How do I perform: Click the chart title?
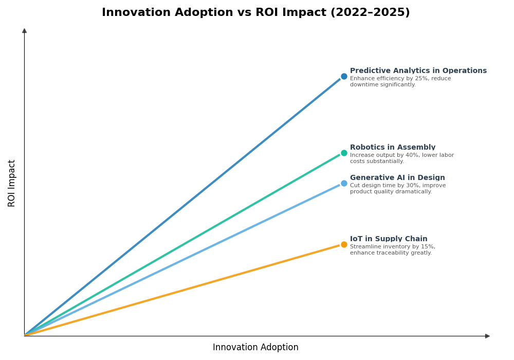click(x=255, y=13)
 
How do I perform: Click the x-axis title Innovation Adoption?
click(x=255, y=348)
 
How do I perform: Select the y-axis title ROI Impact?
click(x=12, y=183)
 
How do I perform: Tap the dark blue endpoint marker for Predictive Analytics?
click(x=344, y=77)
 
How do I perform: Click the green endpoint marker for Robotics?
click(x=344, y=153)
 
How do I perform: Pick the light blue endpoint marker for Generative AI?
click(x=344, y=184)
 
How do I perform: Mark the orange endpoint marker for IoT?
click(x=344, y=245)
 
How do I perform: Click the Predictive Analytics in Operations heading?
click(x=418, y=71)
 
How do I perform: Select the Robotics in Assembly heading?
click(x=392, y=148)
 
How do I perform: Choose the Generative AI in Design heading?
click(x=397, y=178)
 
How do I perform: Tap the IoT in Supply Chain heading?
click(x=389, y=239)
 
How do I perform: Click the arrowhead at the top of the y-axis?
click(x=24, y=31)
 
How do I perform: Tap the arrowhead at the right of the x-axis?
click(x=487, y=336)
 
